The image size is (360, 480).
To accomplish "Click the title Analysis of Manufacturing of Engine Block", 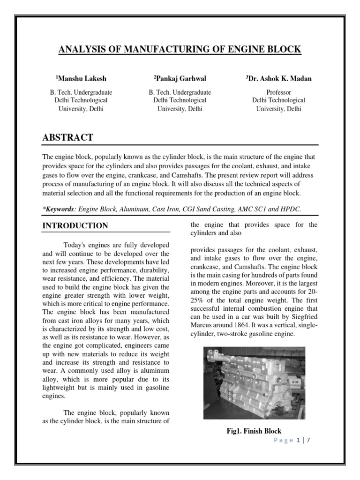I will click(180, 50).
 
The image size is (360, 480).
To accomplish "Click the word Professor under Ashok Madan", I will click(278, 92).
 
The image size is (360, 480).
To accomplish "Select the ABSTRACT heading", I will click(67, 137).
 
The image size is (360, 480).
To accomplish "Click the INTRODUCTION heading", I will click(75, 225).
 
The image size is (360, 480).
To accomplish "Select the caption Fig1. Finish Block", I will click(254, 431).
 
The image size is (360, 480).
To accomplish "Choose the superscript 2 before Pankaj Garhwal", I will click(155, 76).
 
